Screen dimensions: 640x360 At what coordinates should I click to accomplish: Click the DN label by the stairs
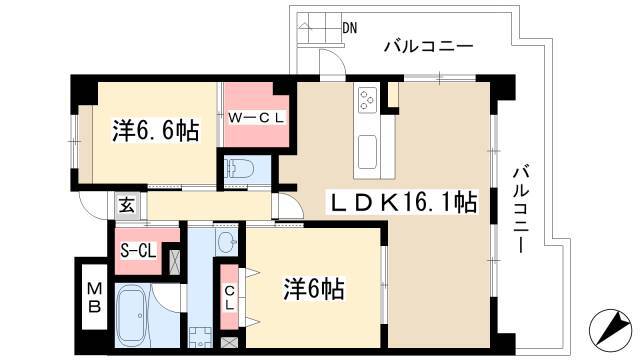coord(349,28)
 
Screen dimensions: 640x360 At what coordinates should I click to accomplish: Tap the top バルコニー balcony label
coord(429,45)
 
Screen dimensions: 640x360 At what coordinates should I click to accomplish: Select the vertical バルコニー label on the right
coord(521,209)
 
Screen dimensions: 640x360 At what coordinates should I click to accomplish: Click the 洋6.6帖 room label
coord(156,131)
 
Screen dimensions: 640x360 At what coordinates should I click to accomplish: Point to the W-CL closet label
coord(256,118)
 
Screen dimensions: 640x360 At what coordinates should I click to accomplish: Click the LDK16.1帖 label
coord(402,202)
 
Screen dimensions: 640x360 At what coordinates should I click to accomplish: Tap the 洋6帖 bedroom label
coord(314,289)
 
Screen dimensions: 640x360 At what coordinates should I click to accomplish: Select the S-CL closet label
coord(138,251)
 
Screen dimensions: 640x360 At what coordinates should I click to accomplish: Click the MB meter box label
coord(95,298)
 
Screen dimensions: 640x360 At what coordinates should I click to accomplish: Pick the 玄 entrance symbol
coord(127,205)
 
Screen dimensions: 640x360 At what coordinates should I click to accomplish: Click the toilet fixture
coord(240,168)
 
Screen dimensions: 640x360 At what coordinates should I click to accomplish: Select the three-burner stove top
coord(366,100)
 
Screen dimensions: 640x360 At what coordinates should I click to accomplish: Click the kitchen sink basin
coord(367,152)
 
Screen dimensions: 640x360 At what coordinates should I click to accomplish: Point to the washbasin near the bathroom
coord(226,243)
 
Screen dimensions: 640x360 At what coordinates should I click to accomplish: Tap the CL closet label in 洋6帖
coord(230,297)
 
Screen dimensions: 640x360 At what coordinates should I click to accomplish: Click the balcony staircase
coord(320,28)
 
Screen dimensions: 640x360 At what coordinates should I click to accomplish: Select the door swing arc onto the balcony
coord(332,62)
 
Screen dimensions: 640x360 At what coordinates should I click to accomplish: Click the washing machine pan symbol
coord(200,338)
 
